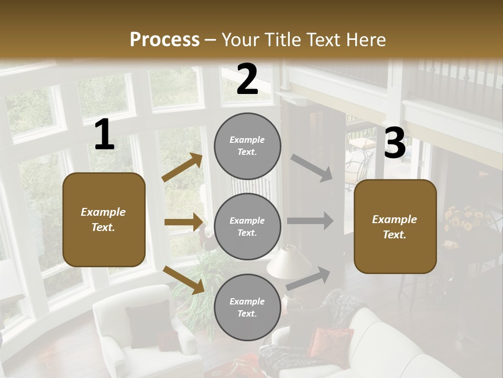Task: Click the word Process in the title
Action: (x=165, y=39)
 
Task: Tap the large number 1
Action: (x=104, y=135)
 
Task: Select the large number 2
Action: (x=247, y=79)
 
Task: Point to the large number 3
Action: (x=395, y=143)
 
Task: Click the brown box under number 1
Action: (x=104, y=219)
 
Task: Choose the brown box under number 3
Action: (x=395, y=226)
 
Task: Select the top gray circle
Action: (x=247, y=146)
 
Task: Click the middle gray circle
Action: (x=247, y=226)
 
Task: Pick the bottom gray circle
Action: (x=247, y=307)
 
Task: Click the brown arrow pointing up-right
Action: (x=182, y=167)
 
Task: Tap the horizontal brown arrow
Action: (x=183, y=222)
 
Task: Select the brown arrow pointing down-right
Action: (x=183, y=279)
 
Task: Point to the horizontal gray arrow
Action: (x=310, y=221)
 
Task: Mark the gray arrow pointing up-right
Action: (x=308, y=278)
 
